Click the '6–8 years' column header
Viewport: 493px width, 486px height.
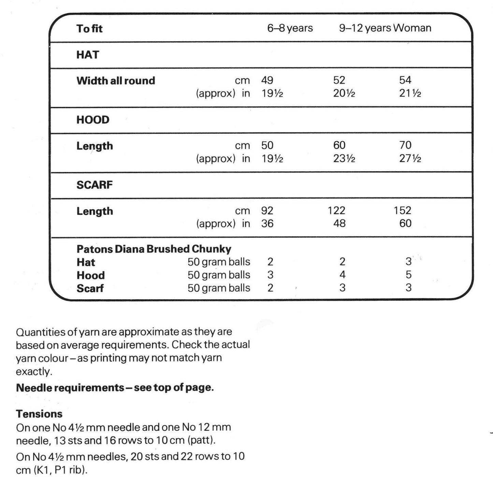click(290, 28)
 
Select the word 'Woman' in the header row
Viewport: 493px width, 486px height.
click(412, 28)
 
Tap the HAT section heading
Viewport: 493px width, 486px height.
click(88, 55)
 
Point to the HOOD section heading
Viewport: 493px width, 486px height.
click(93, 120)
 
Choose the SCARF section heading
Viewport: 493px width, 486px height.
click(95, 185)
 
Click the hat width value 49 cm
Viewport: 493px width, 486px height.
click(267, 80)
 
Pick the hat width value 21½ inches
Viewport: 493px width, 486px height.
click(410, 93)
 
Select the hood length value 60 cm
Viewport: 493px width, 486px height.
click(339, 145)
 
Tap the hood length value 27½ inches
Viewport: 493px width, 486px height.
click(410, 159)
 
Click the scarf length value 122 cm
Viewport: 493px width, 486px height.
click(336, 210)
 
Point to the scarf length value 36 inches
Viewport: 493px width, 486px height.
click(267, 224)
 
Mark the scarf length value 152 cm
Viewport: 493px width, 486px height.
click(402, 210)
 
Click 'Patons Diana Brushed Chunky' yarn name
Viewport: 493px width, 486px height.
click(154, 249)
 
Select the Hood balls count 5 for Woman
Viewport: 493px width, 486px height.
click(408, 275)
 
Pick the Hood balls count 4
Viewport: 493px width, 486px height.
click(342, 275)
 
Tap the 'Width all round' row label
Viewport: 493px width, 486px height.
click(116, 81)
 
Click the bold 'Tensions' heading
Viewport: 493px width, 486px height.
click(39, 414)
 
